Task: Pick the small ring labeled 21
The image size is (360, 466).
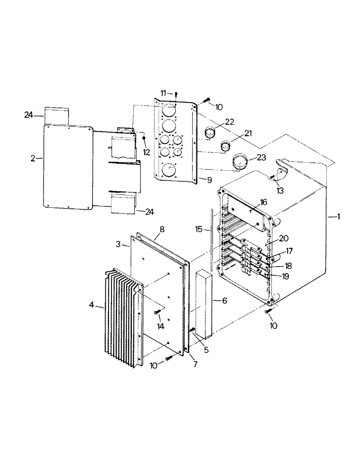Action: (226, 147)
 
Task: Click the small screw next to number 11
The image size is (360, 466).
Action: (177, 95)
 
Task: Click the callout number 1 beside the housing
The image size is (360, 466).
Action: (339, 216)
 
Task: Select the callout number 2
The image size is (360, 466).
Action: (33, 158)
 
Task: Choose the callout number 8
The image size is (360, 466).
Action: (162, 229)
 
